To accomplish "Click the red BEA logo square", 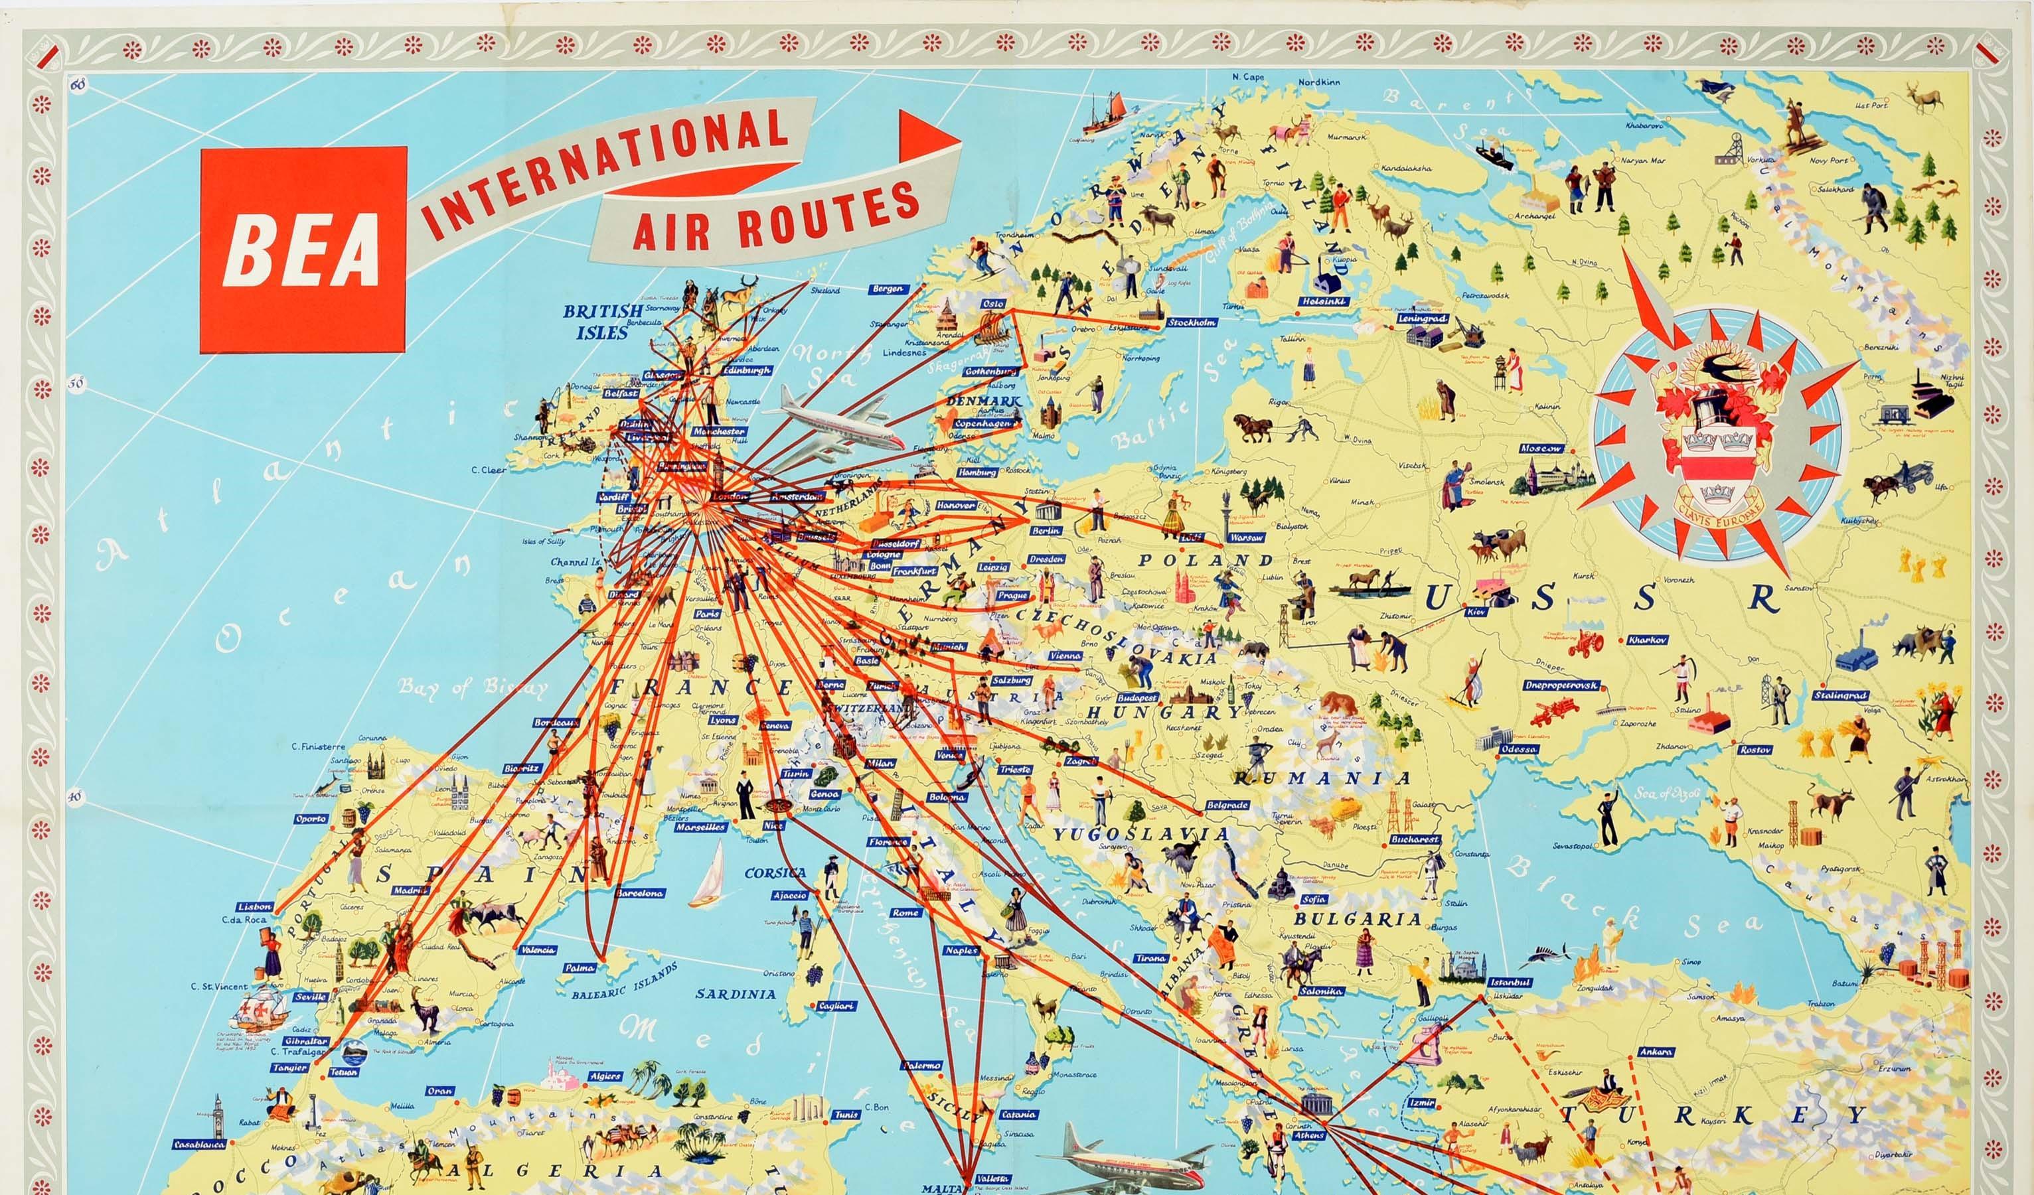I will (x=303, y=249).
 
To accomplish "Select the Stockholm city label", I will (x=1192, y=322).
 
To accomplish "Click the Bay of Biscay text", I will (x=471, y=686).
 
